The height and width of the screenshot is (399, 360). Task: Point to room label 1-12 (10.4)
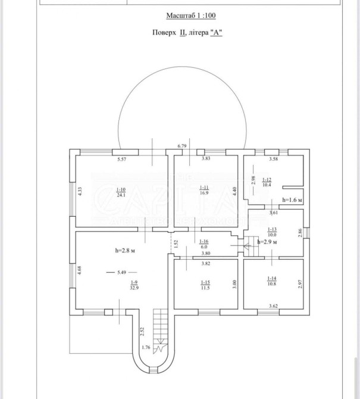click(266, 182)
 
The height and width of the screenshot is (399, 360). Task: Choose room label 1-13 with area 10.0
click(273, 232)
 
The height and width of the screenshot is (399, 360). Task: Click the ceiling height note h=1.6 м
click(293, 201)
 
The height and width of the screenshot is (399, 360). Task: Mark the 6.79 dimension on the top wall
click(182, 146)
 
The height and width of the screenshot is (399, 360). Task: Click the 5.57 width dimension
click(122, 159)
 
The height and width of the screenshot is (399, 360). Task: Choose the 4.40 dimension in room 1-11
click(234, 191)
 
